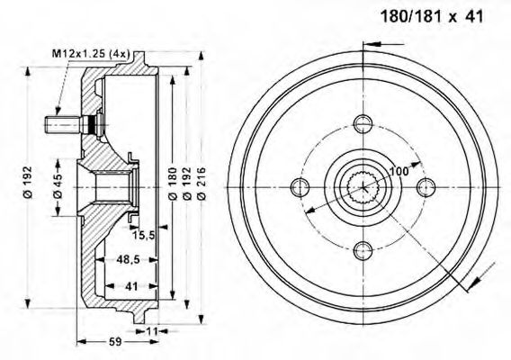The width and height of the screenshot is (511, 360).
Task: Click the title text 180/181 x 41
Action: point(432,16)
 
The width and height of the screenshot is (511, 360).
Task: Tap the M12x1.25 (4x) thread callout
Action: point(91,54)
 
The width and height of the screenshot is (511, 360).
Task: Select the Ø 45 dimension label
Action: point(58,185)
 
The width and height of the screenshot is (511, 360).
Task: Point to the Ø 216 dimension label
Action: point(202,183)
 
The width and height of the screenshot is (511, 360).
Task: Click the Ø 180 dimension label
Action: point(173,183)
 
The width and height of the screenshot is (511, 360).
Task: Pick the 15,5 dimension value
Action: point(143,235)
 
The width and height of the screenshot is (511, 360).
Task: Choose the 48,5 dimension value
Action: point(128,259)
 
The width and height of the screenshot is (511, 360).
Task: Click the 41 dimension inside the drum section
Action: point(131,286)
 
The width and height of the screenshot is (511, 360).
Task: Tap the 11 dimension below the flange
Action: point(152,331)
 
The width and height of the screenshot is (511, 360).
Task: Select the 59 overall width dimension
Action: point(115,341)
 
